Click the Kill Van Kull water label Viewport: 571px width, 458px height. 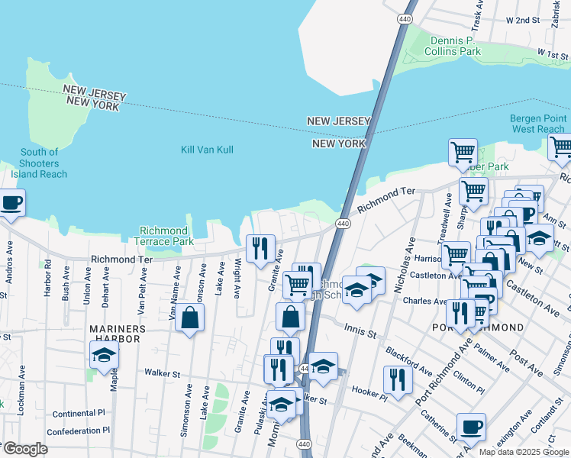pyautogui.click(x=208, y=150)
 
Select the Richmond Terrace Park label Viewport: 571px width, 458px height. pyautogui.click(x=163, y=236)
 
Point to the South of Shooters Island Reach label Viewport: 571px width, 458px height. pyautogui.click(x=39, y=163)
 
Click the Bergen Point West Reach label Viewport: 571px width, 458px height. pyautogui.click(x=538, y=124)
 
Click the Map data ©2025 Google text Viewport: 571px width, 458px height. pyautogui.click(x=523, y=452)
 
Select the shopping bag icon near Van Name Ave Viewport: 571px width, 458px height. pyautogui.click(x=189, y=317)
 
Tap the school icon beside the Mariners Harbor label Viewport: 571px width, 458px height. pyautogui.click(x=104, y=355)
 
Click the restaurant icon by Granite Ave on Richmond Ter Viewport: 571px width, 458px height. pyautogui.click(x=260, y=248)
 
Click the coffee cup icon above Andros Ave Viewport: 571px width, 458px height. pyautogui.click(x=11, y=203)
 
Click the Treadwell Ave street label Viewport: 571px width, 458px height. pyautogui.click(x=448, y=214)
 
